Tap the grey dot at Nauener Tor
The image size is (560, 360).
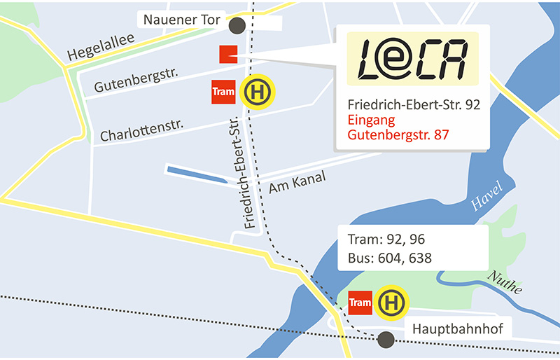point(237,26)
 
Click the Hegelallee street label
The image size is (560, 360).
point(100,46)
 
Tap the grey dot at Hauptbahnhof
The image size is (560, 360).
point(384,340)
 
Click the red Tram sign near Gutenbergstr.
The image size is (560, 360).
point(223,92)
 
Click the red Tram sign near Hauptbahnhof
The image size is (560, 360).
point(359,303)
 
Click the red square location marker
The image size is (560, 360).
point(227,55)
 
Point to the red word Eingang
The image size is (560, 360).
point(370,119)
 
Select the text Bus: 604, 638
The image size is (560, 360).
point(389,258)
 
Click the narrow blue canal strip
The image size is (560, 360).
point(197,175)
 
